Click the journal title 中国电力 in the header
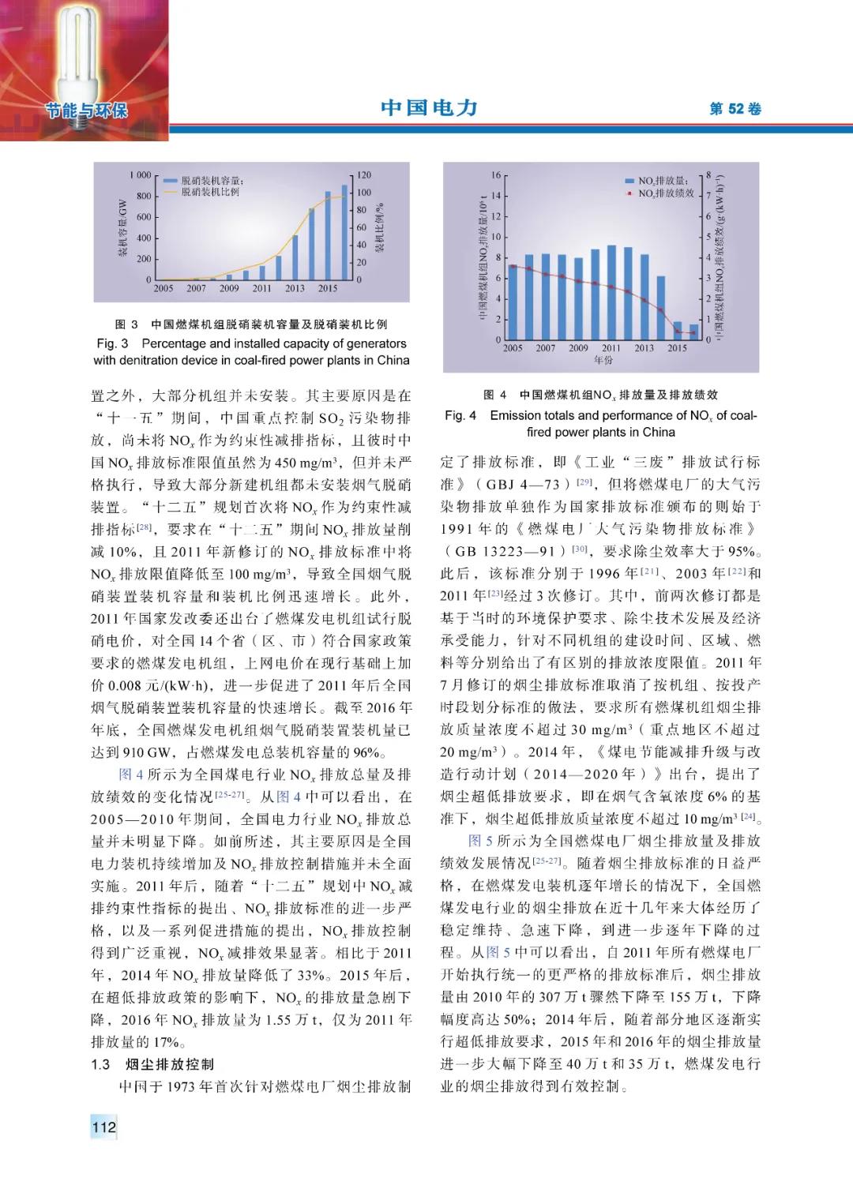(x=429, y=108)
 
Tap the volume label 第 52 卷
(x=735, y=109)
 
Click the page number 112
(x=103, y=1127)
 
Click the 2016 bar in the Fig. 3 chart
(x=344, y=233)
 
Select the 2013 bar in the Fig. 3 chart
(x=295, y=257)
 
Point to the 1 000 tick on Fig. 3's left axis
(x=140, y=174)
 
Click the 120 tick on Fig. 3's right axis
(x=363, y=174)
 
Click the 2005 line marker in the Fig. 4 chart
(x=513, y=266)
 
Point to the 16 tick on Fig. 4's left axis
(x=496, y=175)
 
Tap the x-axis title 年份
(x=603, y=360)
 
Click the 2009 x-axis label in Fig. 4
(x=578, y=347)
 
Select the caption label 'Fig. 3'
(x=112, y=343)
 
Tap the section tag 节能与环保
(x=87, y=110)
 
